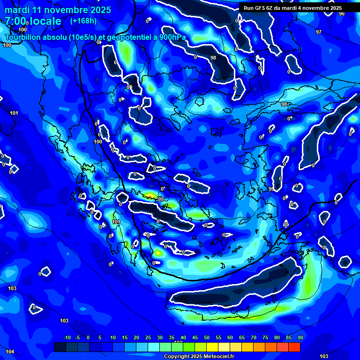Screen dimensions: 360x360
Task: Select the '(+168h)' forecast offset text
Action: [x=84, y=21]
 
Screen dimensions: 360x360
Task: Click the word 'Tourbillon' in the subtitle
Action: [x=23, y=37]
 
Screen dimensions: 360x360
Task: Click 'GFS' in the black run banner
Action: [x=262, y=8]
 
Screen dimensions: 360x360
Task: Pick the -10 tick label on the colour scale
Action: [x=67, y=337]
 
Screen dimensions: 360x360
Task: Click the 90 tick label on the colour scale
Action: [x=300, y=337]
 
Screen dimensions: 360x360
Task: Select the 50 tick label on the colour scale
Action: [x=206, y=337]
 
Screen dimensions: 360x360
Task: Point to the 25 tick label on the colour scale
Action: [x=148, y=337]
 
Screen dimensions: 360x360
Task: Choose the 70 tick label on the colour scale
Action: [x=253, y=337]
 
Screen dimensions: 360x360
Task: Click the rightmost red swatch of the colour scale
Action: [x=294, y=347]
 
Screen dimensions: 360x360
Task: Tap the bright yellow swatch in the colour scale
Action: [x=212, y=347]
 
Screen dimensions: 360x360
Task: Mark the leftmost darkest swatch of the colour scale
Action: [x=60, y=347]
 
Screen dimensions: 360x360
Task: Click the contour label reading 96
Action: [x=341, y=14]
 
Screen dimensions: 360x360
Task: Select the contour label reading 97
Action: [x=319, y=32]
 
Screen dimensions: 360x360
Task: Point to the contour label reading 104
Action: [x=9, y=352]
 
